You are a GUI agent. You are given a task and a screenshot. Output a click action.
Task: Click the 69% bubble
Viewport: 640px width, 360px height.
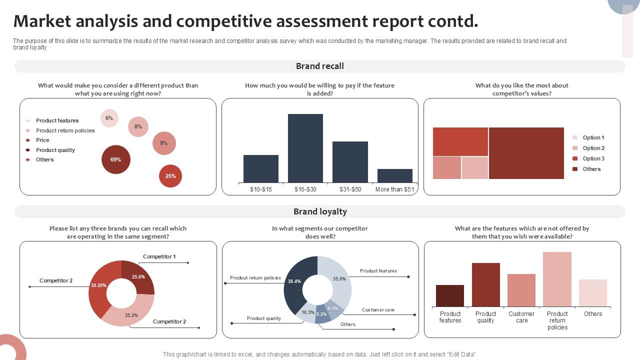click(115, 159)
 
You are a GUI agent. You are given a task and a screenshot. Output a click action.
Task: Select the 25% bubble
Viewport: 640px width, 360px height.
click(170, 176)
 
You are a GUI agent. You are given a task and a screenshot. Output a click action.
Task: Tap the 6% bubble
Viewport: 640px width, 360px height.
click(109, 118)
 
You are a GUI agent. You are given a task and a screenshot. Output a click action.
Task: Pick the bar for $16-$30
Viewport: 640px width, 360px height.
click(305, 148)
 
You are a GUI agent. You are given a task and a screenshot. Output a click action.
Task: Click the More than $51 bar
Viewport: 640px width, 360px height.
click(395, 175)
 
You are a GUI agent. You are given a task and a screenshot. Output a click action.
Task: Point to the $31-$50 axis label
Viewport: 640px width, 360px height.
click(350, 189)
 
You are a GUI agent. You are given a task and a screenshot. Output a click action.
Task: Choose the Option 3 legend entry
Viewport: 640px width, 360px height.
click(593, 158)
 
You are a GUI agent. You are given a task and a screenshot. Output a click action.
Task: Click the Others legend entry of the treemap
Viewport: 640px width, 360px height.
click(591, 169)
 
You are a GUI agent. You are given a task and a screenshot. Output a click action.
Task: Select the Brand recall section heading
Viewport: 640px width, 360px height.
click(320, 66)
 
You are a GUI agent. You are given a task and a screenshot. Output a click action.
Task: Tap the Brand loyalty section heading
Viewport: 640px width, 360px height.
click(320, 211)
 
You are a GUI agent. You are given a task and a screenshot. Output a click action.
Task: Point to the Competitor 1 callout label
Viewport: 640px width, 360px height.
click(159, 256)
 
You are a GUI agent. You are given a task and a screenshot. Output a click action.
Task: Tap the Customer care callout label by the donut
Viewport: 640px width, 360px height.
click(378, 310)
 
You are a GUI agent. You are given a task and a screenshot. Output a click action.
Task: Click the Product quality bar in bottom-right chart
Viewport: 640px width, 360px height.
click(485, 284)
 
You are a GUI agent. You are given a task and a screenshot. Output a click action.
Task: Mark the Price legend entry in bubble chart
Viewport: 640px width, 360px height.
click(42, 140)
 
